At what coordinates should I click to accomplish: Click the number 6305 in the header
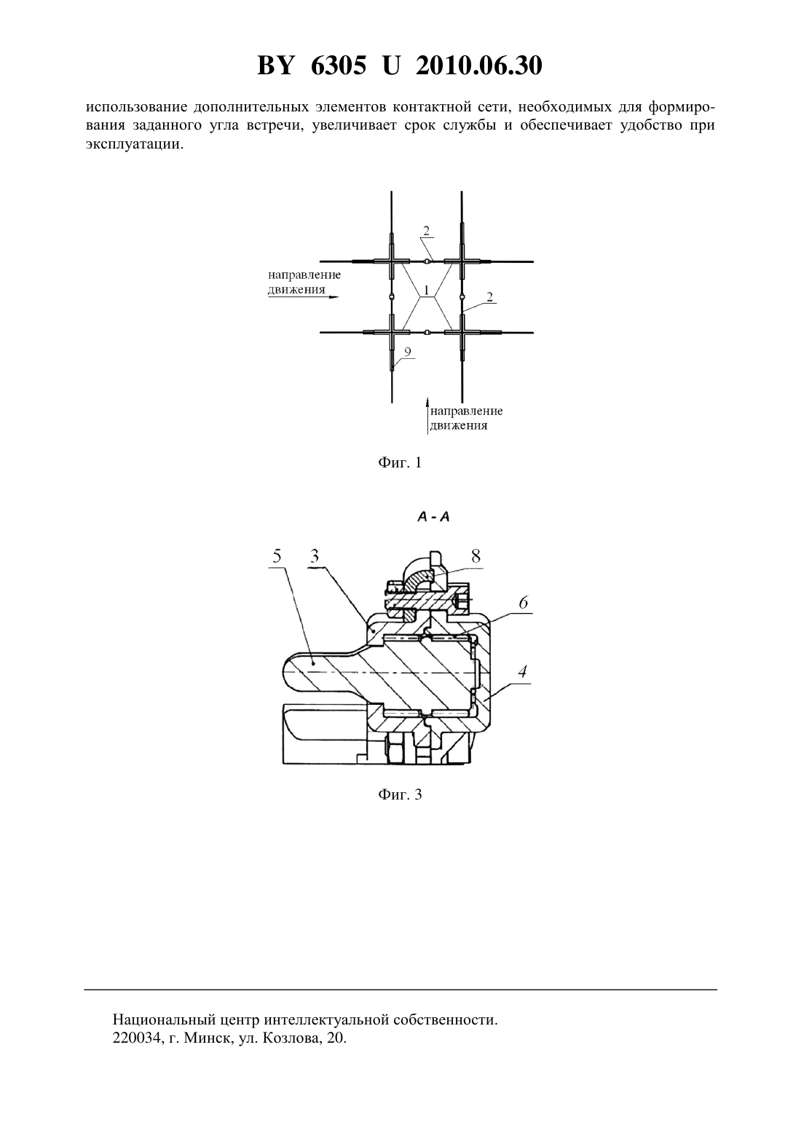338,66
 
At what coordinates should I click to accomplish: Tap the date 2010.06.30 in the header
479,66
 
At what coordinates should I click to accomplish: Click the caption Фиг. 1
400,462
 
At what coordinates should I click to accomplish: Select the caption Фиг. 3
400,794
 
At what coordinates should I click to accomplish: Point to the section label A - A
433,517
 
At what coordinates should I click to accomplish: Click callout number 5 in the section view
277,556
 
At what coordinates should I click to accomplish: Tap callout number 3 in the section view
315,556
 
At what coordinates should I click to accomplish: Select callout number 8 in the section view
476,556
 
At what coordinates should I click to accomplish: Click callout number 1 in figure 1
426,291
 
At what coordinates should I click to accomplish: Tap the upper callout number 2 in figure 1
426,231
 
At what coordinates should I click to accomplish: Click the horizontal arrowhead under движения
333,297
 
